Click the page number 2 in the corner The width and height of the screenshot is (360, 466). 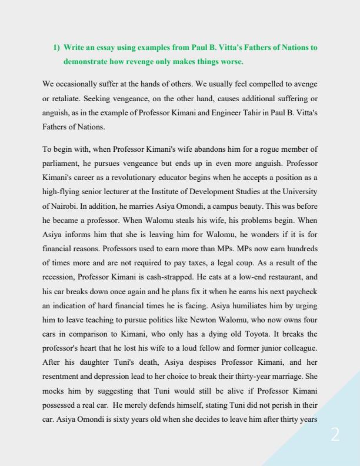(x=335, y=435)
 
